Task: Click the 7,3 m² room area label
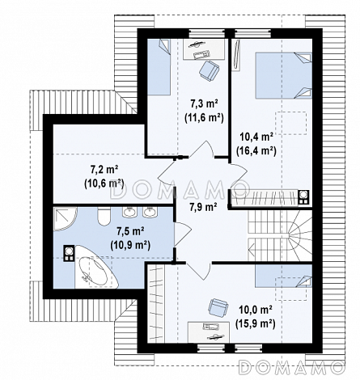(x=204, y=103)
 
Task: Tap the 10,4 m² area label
(x=256, y=137)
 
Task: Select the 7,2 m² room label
(x=104, y=170)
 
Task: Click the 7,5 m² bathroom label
(x=130, y=230)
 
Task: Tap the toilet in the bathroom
(x=104, y=217)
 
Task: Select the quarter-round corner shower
(x=65, y=218)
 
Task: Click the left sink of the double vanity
(x=130, y=212)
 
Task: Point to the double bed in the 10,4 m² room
(x=283, y=75)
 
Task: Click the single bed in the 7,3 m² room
(x=159, y=67)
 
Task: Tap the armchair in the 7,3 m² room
(x=209, y=70)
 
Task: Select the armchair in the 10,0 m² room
(x=218, y=308)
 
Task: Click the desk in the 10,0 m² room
(x=208, y=332)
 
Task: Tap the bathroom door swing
(x=183, y=234)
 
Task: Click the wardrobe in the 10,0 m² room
(x=156, y=304)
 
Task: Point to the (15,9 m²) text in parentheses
(x=255, y=323)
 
